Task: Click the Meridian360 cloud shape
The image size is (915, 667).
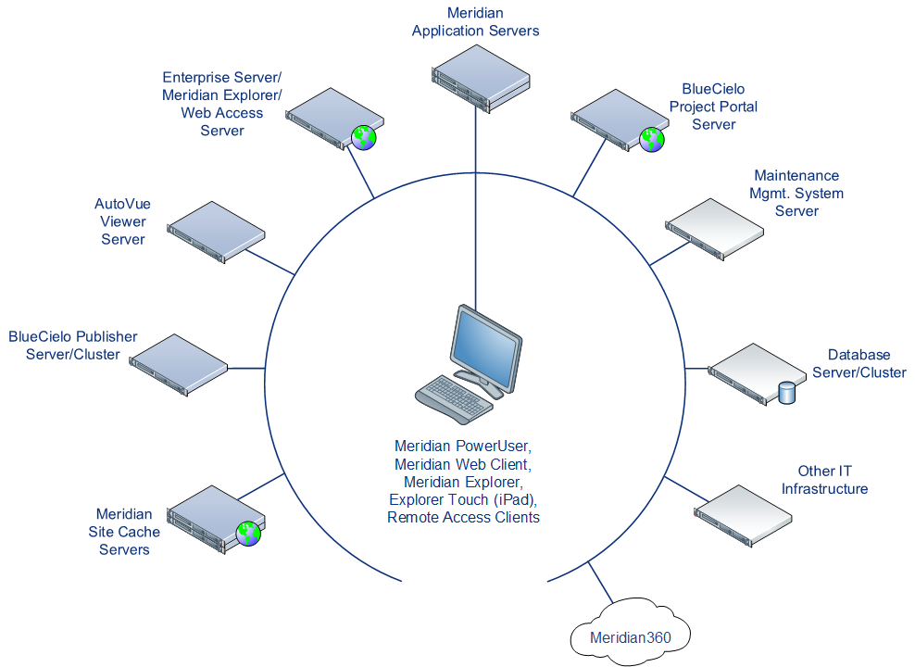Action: coord(630,636)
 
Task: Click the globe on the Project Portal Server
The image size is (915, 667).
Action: coord(652,139)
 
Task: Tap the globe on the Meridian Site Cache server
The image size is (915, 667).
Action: coord(248,533)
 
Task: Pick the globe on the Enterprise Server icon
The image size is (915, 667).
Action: coord(364,138)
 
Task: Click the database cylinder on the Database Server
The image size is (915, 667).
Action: coord(787,393)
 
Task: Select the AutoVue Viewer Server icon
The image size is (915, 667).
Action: coord(215,228)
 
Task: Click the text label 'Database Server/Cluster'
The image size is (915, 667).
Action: coord(859,363)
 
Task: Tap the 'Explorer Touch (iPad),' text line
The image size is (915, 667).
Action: coord(462,499)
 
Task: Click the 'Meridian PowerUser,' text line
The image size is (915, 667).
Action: coord(462,447)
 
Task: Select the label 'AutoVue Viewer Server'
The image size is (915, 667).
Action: coord(122,220)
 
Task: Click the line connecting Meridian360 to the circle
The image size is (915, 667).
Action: coord(599,585)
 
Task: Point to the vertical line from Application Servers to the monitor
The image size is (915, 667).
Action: coord(476,204)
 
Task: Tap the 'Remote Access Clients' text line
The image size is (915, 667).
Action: coord(462,517)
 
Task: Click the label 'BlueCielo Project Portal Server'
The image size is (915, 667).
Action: coord(713,107)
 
